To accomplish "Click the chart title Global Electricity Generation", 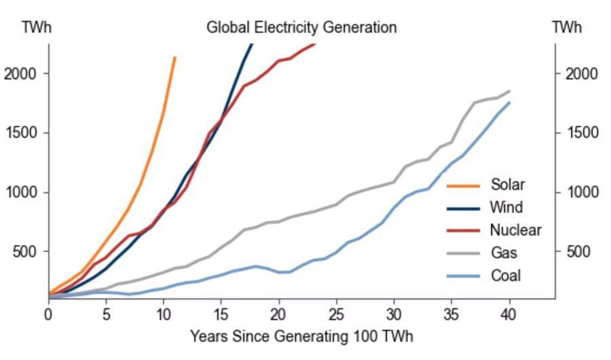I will point(301,28).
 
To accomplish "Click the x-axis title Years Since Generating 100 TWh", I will point(301,336).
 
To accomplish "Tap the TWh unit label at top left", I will point(37,28).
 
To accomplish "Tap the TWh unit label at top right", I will point(567,28).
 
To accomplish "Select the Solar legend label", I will point(508,185).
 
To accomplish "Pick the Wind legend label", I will point(506,207).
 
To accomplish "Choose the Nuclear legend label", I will point(515,230).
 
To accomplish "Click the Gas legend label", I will point(504,253).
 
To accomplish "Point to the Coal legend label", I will point(506,276).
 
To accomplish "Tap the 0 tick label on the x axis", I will point(48,315).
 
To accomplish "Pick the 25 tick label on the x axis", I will point(336,315).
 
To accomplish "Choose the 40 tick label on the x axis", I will point(508,315).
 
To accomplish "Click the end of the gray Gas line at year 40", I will point(509,91).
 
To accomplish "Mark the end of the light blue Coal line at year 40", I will point(509,103).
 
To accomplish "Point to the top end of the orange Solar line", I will point(175,58).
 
